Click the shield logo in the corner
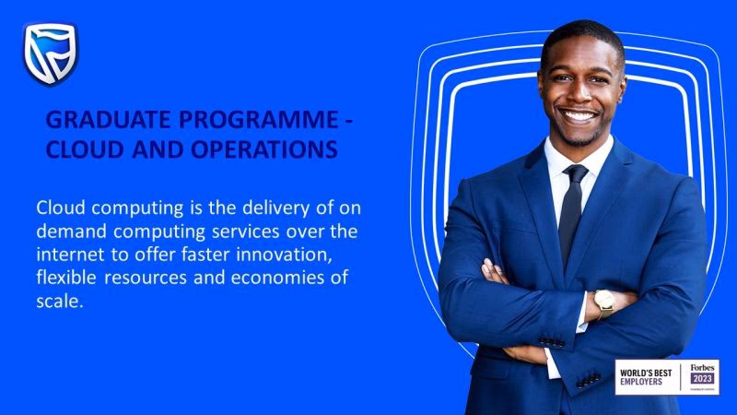pyautogui.click(x=51, y=53)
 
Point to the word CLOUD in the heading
pyautogui.click(x=82, y=148)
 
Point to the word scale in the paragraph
pyautogui.click(x=58, y=301)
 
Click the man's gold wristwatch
pyautogui.click(x=603, y=302)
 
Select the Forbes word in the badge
pyautogui.click(x=702, y=367)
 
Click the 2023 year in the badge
pyautogui.click(x=702, y=379)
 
